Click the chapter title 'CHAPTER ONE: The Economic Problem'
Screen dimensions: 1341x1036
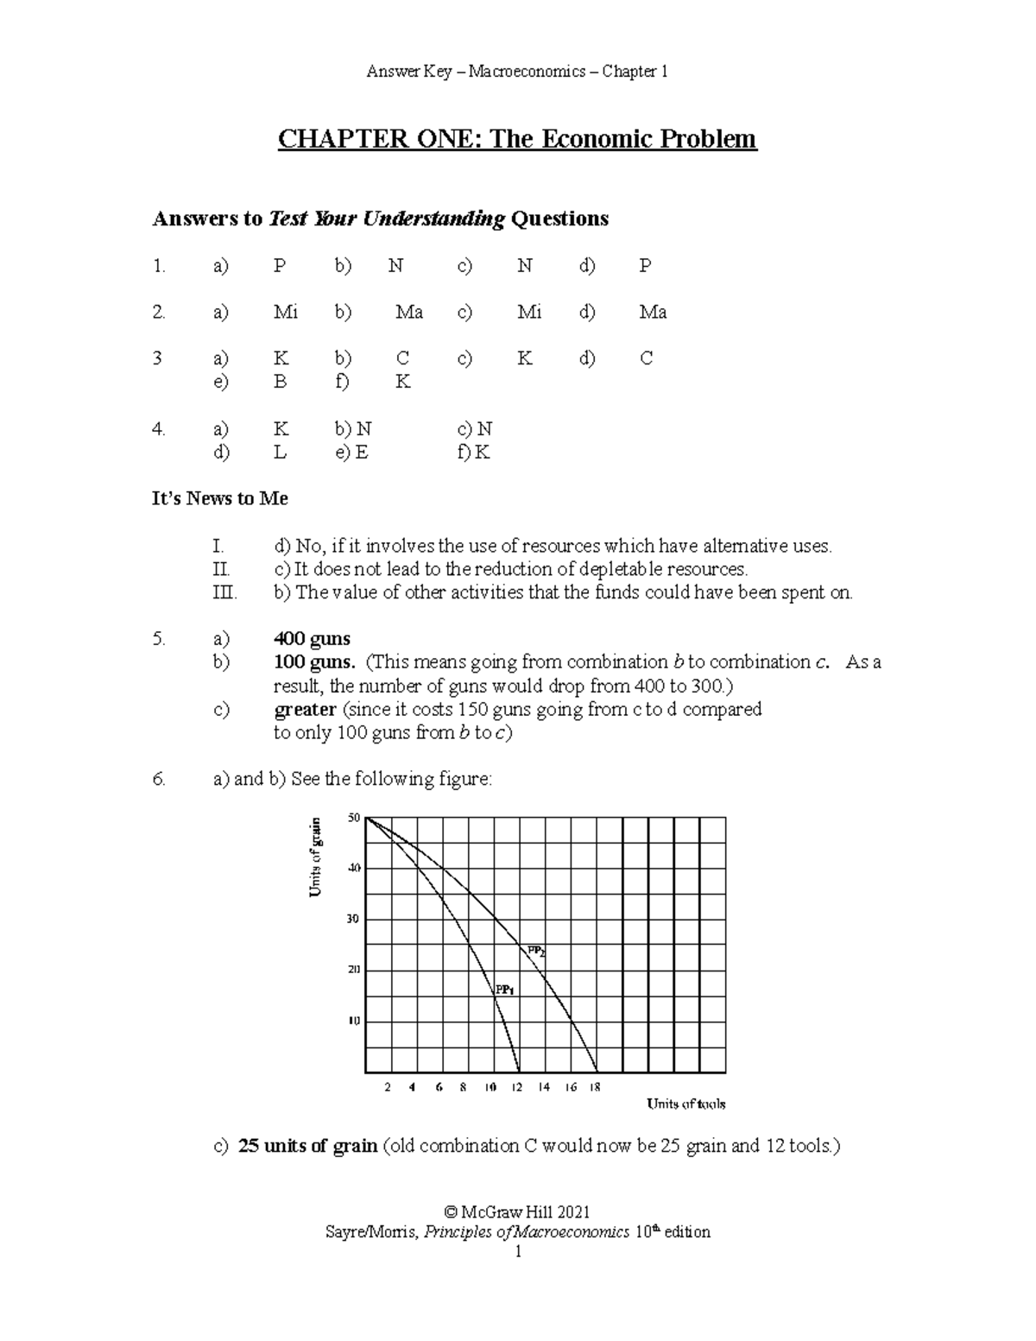516,139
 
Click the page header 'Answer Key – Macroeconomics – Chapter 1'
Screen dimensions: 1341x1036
516,72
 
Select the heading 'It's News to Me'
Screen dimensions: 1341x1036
220,499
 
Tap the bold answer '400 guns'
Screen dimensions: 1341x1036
312,639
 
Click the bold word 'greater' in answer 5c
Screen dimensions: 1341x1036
305,710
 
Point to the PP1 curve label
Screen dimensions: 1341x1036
504,990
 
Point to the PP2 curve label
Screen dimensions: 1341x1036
536,952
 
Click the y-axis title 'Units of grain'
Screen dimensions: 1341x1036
316,857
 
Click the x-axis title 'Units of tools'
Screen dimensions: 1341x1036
686,1104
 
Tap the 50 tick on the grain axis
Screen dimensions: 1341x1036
353,818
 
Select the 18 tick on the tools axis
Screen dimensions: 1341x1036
595,1088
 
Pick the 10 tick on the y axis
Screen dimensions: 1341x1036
353,1022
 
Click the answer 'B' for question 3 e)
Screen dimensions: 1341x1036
280,382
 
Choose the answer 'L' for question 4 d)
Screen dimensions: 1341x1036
280,452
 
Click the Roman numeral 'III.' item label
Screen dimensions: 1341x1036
224,593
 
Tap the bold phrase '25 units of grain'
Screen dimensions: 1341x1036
307,1147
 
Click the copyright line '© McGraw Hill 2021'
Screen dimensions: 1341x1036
516,1212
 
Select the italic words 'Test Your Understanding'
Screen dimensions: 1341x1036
387,219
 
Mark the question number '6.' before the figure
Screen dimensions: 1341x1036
159,780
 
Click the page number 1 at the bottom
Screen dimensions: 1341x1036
517,1252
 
